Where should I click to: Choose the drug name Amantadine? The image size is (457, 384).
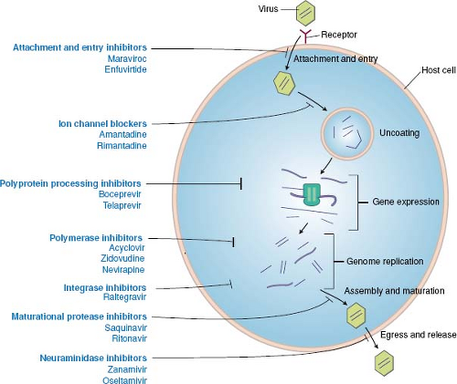(121, 135)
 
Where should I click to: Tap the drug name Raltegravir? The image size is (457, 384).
(121, 297)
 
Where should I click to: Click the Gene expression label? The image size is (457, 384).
(407, 202)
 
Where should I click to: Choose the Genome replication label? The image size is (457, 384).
(385, 261)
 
